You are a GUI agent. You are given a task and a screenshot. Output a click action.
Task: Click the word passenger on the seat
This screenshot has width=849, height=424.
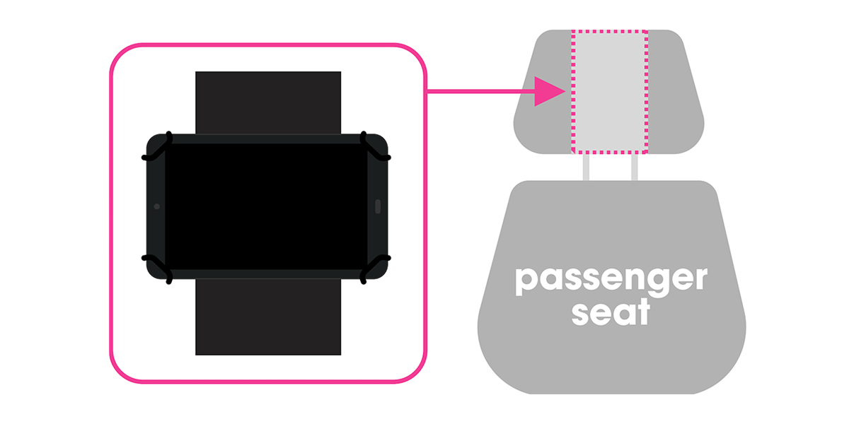coord(611,281)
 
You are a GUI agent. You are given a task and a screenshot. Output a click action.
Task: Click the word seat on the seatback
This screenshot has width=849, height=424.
coord(611,312)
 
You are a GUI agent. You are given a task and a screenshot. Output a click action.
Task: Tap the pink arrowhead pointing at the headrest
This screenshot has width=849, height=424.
coord(549,91)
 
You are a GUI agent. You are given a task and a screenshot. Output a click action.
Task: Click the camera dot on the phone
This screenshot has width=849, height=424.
coord(157,206)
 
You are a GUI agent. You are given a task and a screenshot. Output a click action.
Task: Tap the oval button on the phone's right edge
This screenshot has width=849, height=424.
coord(378,206)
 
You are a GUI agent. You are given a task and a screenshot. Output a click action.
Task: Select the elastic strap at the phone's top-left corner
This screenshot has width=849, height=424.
coord(158,147)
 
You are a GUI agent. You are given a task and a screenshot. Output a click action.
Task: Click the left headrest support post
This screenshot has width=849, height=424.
coord(586,167)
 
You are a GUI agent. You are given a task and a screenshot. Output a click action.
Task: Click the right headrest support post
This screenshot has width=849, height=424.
coord(635,167)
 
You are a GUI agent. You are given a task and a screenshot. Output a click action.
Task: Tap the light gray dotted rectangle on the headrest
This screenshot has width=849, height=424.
coord(609,92)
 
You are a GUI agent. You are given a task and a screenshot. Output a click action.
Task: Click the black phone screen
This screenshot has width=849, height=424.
coord(266,206)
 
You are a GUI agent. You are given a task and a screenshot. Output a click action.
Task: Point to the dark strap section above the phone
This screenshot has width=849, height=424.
coord(268,102)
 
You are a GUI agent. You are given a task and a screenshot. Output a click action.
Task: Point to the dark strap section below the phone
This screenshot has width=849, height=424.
coord(268,317)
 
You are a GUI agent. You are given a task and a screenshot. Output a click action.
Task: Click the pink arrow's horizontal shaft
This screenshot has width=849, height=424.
coord(480,91)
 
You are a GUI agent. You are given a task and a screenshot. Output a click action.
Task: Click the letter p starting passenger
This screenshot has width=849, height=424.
coord(527,282)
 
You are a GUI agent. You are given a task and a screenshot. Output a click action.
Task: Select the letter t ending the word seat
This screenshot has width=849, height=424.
coord(642,312)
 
